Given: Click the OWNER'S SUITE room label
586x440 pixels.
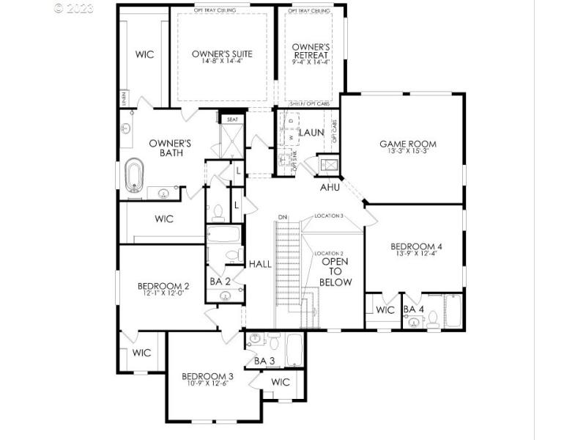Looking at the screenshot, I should (x=222, y=54).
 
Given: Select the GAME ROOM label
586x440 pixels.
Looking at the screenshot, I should (x=407, y=144).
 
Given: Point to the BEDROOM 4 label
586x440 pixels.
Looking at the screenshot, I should (x=415, y=246).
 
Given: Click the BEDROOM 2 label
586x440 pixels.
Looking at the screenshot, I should (x=163, y=286).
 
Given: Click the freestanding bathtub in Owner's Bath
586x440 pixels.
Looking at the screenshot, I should (x=135, y=177).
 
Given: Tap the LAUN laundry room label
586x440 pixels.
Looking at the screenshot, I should (x=311, y=133).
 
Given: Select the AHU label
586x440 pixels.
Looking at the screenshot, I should (x=330, y=188).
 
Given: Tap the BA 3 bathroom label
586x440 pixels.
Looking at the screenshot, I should (x=264, y=361).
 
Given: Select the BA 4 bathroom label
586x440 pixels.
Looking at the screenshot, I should (x=414, y=309).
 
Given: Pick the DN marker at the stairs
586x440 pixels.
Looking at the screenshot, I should (x=282, y=217).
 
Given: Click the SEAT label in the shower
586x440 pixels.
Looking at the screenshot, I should (x=232, y=119).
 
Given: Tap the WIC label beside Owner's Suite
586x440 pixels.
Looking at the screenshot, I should (x=144, y=55).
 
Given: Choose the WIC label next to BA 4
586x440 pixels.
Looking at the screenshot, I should (x=385, y=309).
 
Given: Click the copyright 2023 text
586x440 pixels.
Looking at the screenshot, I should (x=75, y=9).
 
